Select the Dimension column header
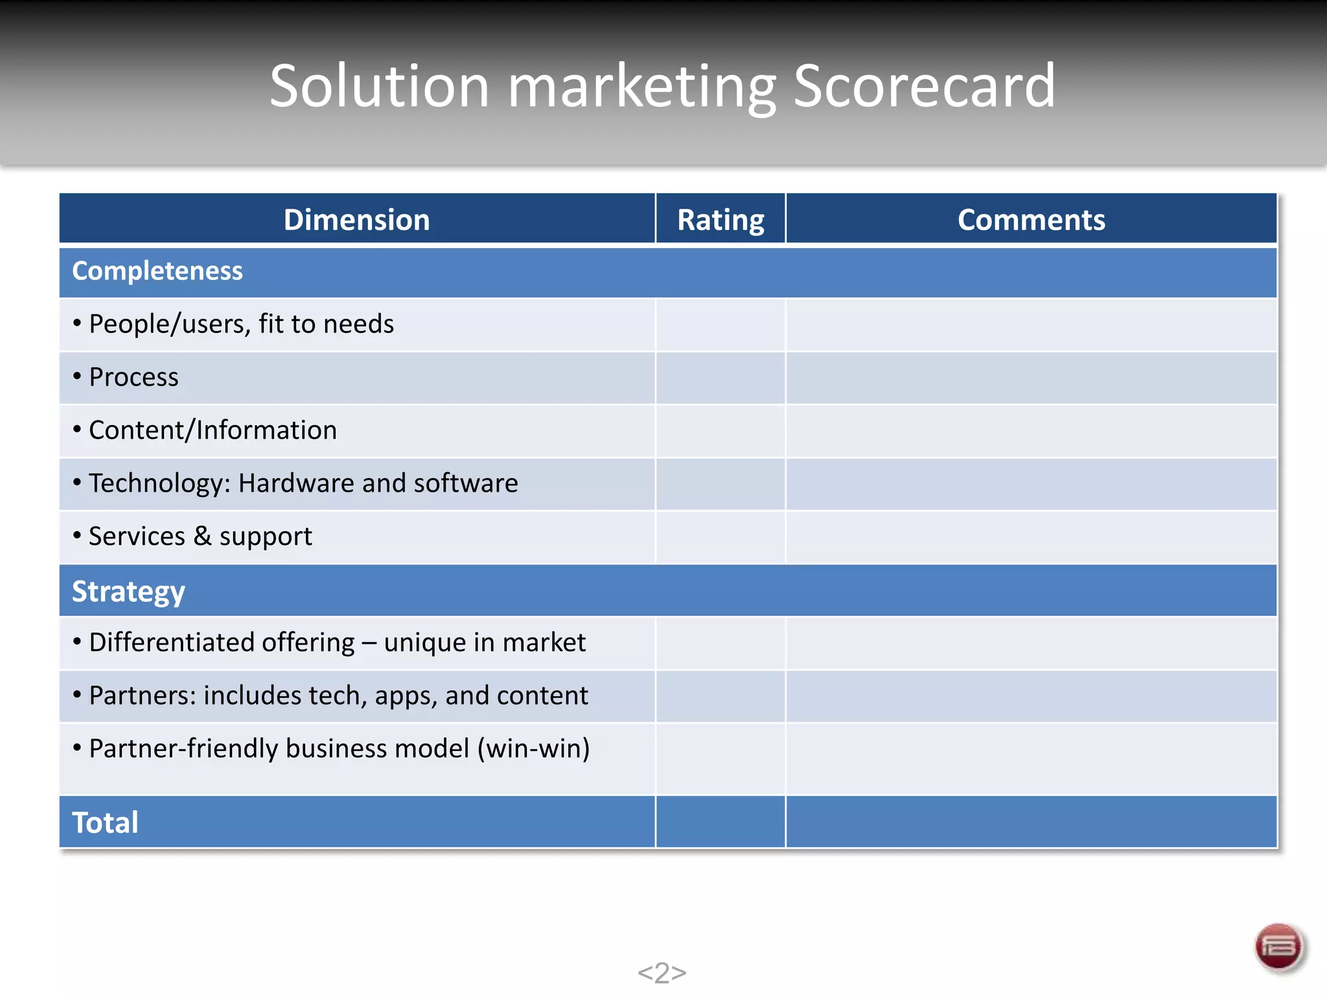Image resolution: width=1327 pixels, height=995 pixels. (x=356, y=220)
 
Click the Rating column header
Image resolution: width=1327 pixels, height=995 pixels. (x=721, y=220)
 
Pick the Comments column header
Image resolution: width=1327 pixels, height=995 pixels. (x=1031, y=220)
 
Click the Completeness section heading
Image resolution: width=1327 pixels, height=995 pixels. (x=157, y=271)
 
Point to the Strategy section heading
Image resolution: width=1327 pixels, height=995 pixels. (x=128, y=591)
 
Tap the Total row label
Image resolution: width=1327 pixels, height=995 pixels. (x=105, y=823)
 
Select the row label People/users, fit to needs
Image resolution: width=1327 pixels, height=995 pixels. (x=241, y=324)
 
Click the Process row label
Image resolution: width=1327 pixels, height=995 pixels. (x=133, y=377)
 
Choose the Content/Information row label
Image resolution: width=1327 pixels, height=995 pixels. (x=213, y=430)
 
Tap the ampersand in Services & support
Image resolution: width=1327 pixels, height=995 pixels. (x=202, y=536)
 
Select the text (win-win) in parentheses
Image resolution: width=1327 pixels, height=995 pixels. (x=533, y=749)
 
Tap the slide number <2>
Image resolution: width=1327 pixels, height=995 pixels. (x=662, y=972)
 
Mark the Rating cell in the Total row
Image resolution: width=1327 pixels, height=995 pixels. (x=721, y=823)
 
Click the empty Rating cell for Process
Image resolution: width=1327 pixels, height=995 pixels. (x=721, y=378)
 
